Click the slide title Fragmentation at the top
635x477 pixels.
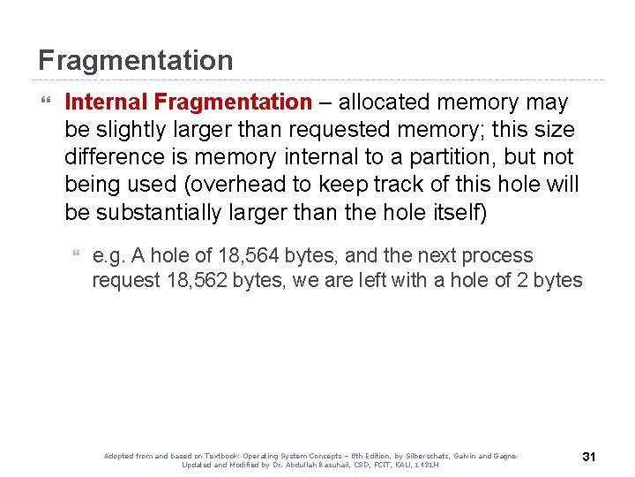pos(135,60)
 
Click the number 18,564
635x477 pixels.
pos(249,256)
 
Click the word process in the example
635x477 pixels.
pos(498,256)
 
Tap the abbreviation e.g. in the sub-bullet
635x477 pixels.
pos(109,256)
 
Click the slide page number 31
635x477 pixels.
pos(590,457)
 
